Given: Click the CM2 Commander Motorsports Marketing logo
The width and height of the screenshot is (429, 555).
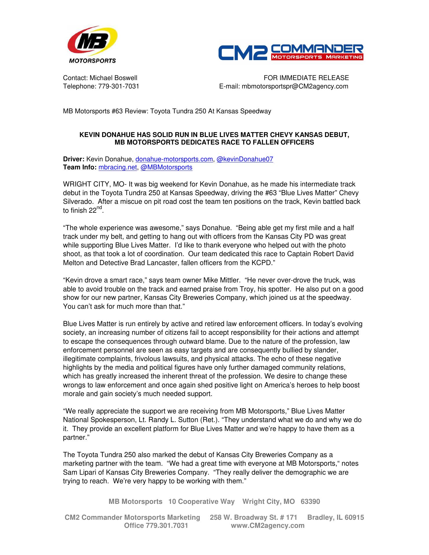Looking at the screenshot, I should coord(291,52).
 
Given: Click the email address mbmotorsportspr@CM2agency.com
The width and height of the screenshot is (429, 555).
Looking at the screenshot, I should coord(295,86).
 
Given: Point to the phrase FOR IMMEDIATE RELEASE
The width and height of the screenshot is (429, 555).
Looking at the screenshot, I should coord(306,78).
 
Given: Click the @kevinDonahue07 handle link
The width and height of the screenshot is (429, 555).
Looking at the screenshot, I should coord(245,159).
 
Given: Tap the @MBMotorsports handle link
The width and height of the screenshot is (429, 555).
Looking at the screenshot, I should coord(166,167).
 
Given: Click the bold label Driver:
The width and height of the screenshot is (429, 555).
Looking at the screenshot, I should coord(74,159).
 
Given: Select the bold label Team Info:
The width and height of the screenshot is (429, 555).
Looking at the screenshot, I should coord(80,167).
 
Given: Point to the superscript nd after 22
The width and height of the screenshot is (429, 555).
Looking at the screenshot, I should coord(99,208).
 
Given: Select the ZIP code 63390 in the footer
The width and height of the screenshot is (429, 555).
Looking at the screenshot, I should coord(310,502).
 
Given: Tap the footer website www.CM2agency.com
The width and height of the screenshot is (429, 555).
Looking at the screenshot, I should coord(267,525).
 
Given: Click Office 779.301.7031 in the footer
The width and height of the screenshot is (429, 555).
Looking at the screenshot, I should coord(156,525).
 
